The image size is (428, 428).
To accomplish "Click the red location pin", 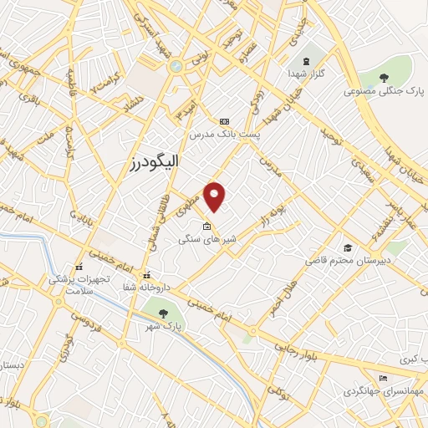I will pos(216,196).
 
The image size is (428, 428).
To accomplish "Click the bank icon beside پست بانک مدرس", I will pos(223,121).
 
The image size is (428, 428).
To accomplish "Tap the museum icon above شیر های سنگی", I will pos(206,225).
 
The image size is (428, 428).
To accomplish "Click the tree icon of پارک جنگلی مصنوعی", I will pos(384,78).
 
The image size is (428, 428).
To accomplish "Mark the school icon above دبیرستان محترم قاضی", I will pos(347,248).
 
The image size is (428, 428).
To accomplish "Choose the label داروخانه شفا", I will pos(147,287).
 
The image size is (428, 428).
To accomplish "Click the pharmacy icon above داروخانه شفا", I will pos(147,274).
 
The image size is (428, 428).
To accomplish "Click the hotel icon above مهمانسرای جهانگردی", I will pos(383,378).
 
